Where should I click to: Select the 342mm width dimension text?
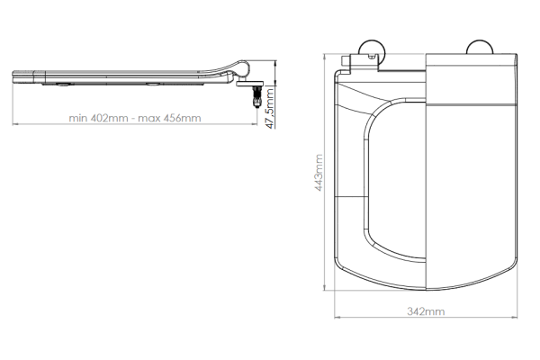[425, 310]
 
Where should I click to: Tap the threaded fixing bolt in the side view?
[258, 95]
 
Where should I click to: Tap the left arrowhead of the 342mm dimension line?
[337, 318]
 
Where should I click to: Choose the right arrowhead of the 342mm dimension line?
[516, 318]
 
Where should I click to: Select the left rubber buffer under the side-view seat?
[65, 84]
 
